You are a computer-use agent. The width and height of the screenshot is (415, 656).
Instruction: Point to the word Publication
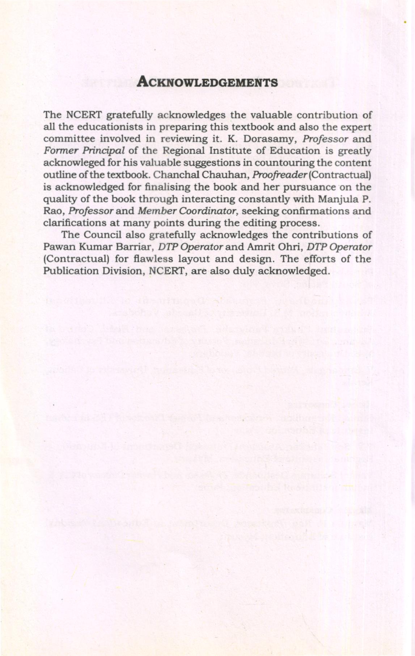[x=71, y=271]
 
